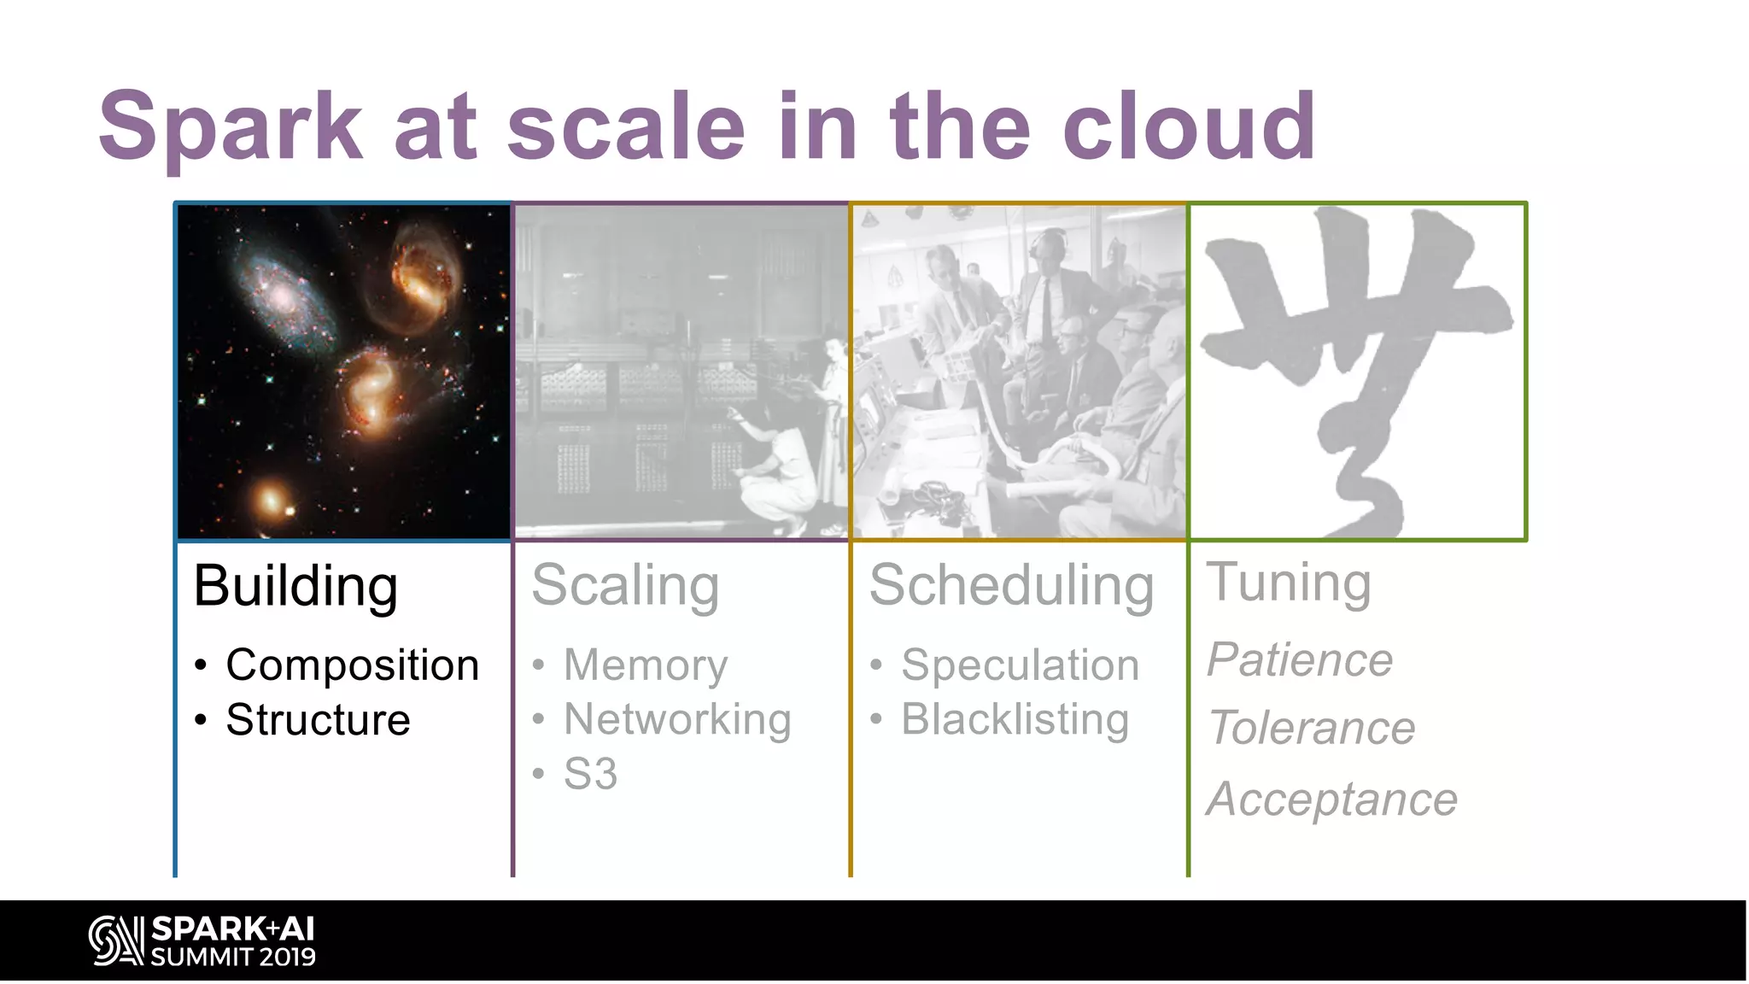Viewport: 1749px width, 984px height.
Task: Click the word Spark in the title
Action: (231, 128)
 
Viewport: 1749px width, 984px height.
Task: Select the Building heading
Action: (295, 588)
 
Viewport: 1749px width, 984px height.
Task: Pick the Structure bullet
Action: (318, 719)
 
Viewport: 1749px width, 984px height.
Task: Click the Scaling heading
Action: (625, 587)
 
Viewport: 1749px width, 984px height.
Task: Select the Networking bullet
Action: (677, 719)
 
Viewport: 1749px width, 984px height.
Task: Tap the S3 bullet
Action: (590, 774)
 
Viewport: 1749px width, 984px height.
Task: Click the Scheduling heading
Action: (1011, 587)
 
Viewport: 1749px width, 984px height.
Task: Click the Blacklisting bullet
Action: (1015, 719)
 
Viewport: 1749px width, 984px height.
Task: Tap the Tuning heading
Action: (1288, 583)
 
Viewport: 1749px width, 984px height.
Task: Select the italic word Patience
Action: (1299, 660)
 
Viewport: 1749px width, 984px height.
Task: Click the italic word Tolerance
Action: (1312, 729)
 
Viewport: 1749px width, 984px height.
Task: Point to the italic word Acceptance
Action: (1331, 799)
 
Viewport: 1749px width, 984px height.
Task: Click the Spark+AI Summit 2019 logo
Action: (202, 940)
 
